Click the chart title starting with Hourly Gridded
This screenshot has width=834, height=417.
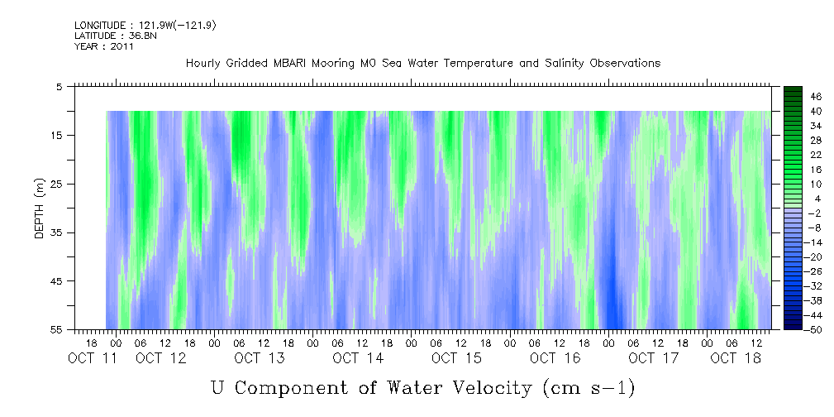tap(422, 63)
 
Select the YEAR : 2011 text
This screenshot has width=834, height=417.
tap(104, 46)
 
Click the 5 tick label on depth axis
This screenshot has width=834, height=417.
tap(60, 86)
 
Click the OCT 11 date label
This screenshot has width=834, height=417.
tap(92, 358)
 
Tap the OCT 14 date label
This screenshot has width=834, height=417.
tap(357, 358)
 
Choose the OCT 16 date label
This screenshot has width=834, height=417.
tap(554, 358)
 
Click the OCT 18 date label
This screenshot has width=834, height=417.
tap(735, 358)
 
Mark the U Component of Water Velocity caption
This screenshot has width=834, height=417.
tap(422, 387)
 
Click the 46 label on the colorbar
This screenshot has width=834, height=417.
tap(816, 97)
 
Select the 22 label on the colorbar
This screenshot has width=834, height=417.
tap(816, 155)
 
